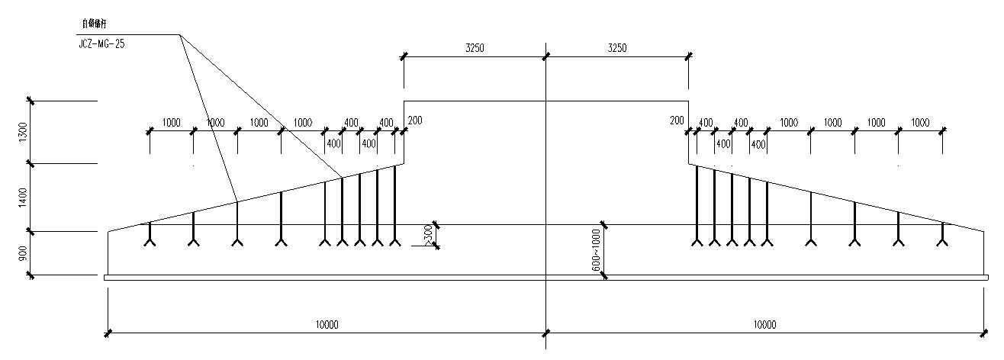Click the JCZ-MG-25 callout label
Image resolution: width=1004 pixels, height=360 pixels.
click(101, 44)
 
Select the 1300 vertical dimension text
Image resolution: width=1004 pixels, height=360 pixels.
click(23, 131)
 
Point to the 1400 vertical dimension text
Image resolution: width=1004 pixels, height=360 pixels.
click(23, 197)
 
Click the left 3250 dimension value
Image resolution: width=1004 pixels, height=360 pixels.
click(475, 48)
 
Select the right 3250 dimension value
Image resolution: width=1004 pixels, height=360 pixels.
click(616, 48)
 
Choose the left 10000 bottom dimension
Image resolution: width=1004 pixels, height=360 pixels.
click(327, 325)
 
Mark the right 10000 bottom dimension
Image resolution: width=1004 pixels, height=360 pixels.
click(764, 325)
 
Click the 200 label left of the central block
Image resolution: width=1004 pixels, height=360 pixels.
click(414, 121)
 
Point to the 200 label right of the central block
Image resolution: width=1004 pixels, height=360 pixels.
click(677, 121)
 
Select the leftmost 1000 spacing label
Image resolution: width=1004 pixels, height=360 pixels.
click(172, 123)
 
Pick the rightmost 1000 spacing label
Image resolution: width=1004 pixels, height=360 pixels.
click(920, 123)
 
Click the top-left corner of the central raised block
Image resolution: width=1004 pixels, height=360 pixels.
click(404, 101)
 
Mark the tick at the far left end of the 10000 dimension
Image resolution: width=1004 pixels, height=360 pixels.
click(108, 333)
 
